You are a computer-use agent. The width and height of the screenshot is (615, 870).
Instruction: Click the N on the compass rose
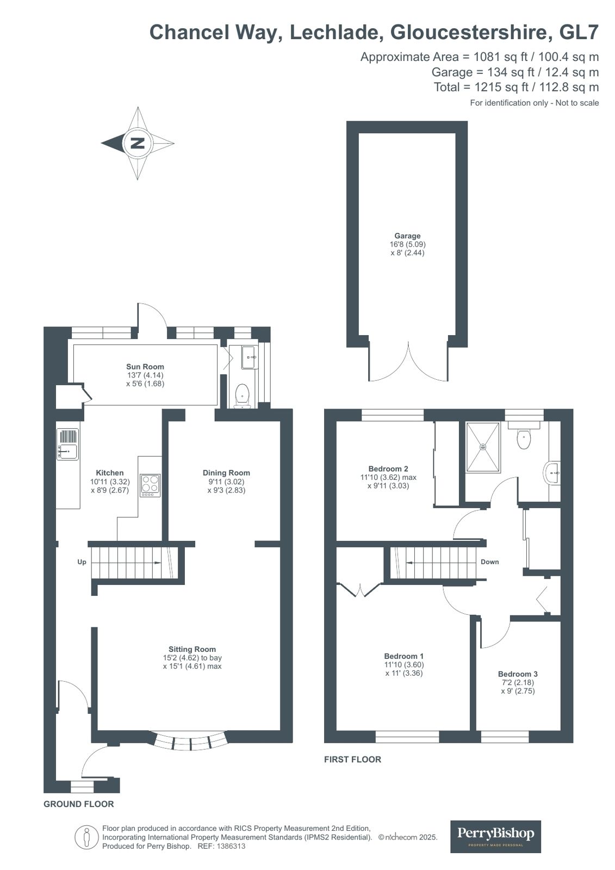point(137,143)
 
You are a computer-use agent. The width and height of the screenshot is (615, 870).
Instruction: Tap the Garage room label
point(407,236)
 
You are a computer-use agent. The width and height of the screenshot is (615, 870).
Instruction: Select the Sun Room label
point(145,366)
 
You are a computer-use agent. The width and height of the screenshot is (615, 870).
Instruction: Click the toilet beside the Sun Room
point(242,396)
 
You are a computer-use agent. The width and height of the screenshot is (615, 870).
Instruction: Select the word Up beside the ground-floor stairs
point(82,562)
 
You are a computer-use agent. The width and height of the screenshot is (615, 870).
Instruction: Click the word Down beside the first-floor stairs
point(489,562)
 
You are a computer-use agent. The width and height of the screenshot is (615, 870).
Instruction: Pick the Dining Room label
point(226,473)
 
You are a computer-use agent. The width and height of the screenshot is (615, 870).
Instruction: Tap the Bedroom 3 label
point(518,674)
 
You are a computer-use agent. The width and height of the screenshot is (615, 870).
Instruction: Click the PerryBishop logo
point(495,836)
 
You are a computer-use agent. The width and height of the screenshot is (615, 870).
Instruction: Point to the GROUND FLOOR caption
point(79,804)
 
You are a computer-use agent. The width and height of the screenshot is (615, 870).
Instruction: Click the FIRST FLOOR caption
point(352,759)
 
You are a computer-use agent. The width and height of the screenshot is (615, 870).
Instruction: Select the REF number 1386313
point(231,847)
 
